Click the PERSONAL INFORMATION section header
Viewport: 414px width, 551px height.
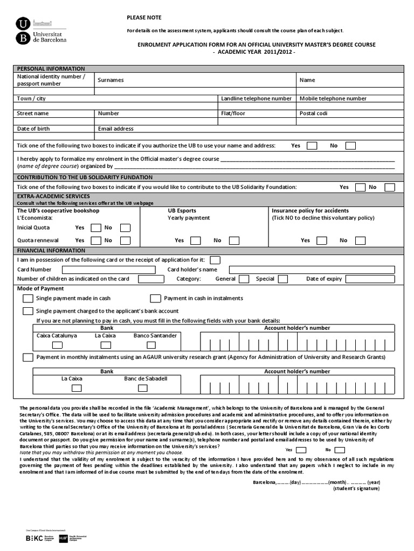click(x=51, y=69)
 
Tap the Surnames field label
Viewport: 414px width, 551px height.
click(x=111, y=80)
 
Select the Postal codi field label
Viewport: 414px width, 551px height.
click(x=313, y=114)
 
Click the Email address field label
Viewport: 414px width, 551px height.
click(x=115, y=129)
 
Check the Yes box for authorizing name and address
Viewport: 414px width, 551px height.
click(x=312, y=146)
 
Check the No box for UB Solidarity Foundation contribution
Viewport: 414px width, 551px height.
click(x=389, y=187)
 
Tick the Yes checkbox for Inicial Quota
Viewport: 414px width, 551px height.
click(x=96, y=228)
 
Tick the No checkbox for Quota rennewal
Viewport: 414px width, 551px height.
click(x=125, y=241)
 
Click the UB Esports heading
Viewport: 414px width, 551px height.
click(x=182, y=211)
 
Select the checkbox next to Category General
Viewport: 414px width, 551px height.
click(x=244, y=279)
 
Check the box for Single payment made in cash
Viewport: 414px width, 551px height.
click(x=27, y=298)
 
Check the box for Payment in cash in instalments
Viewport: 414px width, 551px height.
click(x=155, y=298)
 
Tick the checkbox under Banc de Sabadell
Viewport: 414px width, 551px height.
click(x=146, y=388)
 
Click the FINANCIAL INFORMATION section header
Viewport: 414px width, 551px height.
click(x=51, y=251)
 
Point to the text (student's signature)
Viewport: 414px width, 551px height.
click(x=356, y=488)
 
